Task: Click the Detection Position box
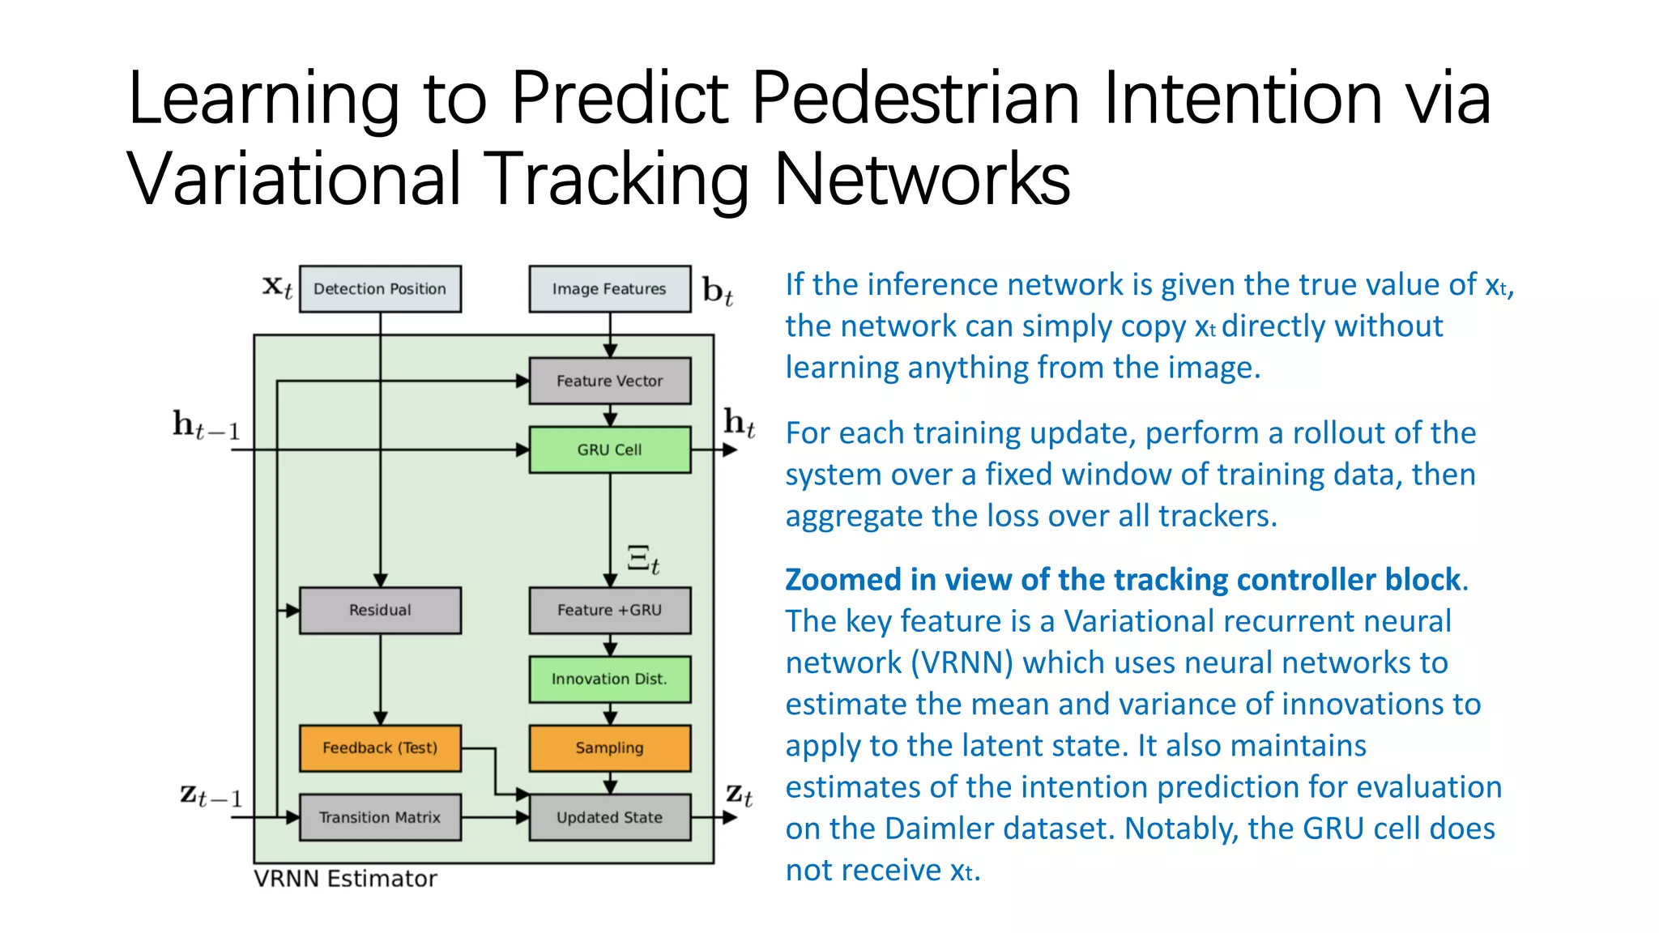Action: pyautogui.click(x=380, y=289)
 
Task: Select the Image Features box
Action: pyautogui.click(x=609, y=289)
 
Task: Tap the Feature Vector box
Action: pyautogui.click(x=609, y=381)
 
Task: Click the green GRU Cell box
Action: pyautogui.click(x=609, y=449)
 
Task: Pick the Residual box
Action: pyautogui.click(x=380, y=610)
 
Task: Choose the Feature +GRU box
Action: pyautogui.click(x=609, y=610)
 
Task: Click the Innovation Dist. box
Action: pyautogui.click(x=609, y=679)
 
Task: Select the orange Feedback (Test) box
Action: pyautogui.click(x=380, y=748)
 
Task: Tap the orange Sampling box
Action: pyautogui.click(x=609, y=748)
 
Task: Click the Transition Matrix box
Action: pyautogui.click(x=380, y=817)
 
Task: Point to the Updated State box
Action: pyautogui.click(x=609, y=817)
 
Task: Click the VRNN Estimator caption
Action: pyautogui.click(x=345, y=879)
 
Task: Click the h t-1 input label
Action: pyautogui.click(x=206, y=425)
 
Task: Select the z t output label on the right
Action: pyautogui.click(x=739, y=795)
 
